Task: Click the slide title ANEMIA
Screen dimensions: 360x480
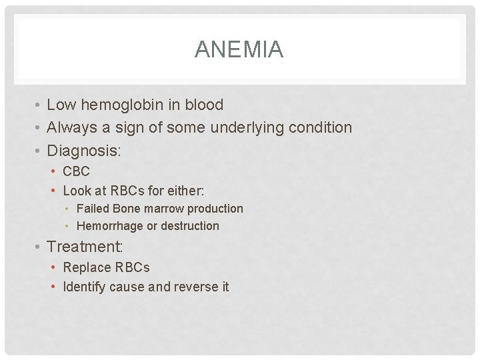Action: click(x=239, y=50)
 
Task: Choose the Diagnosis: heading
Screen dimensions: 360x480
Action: click(x=84, y=151)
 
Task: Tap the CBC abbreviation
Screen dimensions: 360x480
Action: click(x=76, y=171)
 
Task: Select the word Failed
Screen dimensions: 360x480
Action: click(x=93, y=209)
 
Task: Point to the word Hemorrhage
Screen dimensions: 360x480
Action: click(x=110, y=226)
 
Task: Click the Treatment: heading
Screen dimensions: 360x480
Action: click(x=85, y=247)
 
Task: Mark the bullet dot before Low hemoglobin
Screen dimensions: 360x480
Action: click(x=39, y=105)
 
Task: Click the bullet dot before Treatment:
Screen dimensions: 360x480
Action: click(x=39, y=247)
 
